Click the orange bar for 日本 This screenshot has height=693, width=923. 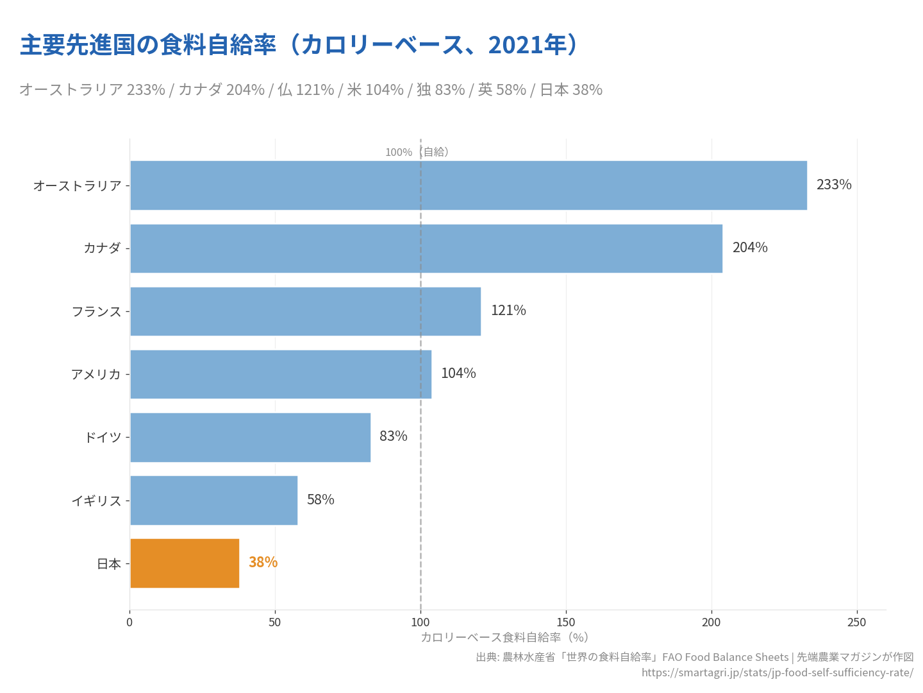point(185,563)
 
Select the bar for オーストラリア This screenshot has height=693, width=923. point(468,185)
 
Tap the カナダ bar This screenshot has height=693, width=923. point(426,248)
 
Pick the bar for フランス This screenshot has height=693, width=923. point(305,311)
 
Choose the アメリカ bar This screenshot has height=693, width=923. point(281,373)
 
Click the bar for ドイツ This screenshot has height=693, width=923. point(250,437)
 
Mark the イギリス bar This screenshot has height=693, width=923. point(213,500)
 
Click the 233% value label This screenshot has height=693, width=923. point(834,185)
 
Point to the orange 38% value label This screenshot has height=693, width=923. point(263,562)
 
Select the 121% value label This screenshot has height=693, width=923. point(508,311)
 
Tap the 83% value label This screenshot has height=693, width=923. point(393,436)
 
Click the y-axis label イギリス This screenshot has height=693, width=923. point(96,501)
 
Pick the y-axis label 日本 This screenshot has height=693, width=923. point(108,563)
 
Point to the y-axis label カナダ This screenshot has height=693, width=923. point(102,248)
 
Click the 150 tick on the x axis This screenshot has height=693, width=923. point(566,622)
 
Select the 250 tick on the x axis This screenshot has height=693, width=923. point(856,622)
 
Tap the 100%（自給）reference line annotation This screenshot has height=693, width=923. point(417,152)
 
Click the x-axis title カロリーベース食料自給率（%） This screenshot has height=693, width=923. point(504,637)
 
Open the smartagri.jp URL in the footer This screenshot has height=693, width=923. point(777,672)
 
